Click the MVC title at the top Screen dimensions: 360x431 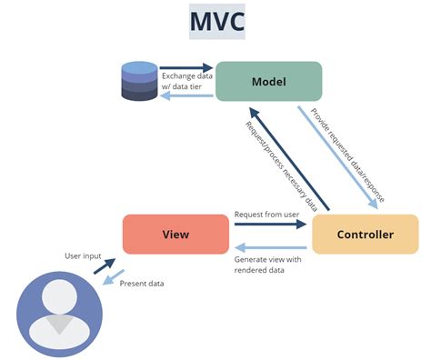pos(215,22)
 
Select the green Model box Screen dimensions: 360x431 pos(268,81)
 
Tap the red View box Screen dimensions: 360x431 pos(175,234)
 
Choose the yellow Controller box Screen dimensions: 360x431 pos(365,234)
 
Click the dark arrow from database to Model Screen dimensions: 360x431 pos(186,67)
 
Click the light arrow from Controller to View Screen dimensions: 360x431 pos(270,246)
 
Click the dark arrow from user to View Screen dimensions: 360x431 pos(104,266)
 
